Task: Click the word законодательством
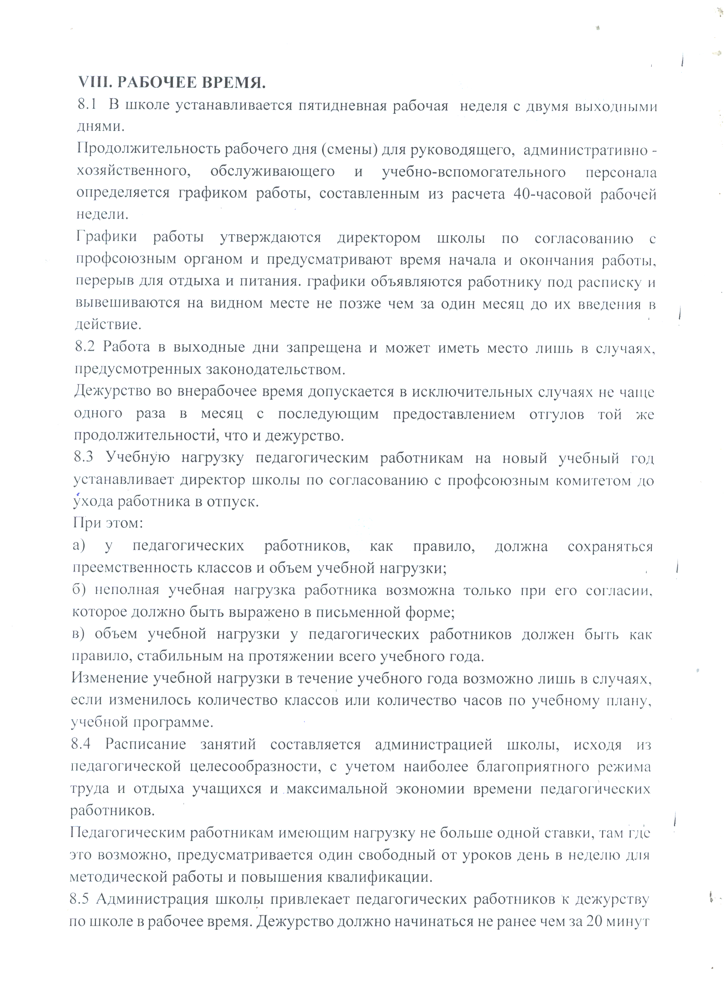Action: click(275, 369)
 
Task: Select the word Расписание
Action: click(145, 745)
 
